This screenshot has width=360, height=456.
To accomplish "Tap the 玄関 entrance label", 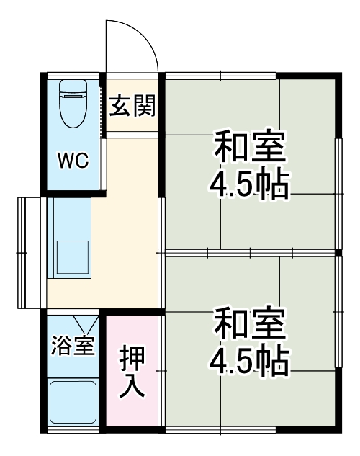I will tap(132, 108).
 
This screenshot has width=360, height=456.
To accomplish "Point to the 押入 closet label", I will tap(132, 373).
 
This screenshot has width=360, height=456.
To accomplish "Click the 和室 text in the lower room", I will tap(249, 325).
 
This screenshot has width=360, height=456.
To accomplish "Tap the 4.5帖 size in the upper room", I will tap(249, 186).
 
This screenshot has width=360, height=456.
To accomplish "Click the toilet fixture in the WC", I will tap(72, 108).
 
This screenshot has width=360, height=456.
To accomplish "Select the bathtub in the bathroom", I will tap(72, 401).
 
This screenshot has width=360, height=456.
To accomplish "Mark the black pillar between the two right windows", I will tap(338, 253).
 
